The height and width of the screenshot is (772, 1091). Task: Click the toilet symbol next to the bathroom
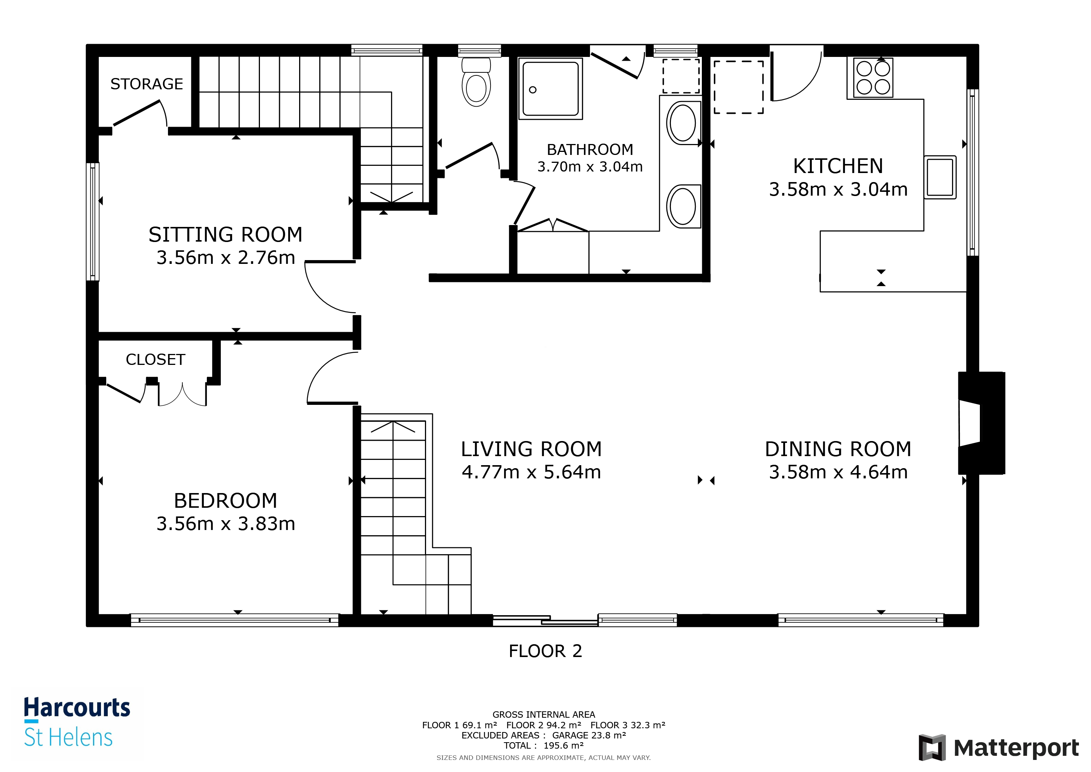[476, 82]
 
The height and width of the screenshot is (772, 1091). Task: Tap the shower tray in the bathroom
[550, 89]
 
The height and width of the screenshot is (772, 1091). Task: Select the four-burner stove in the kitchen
[873, 78]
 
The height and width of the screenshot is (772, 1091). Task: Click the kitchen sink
[940, 177]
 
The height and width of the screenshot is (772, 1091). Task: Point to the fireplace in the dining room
[980, 423]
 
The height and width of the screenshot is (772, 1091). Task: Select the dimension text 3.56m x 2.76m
[226, 258]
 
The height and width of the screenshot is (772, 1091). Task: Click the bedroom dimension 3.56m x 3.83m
[226, 524]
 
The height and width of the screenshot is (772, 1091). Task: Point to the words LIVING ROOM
[531, 449]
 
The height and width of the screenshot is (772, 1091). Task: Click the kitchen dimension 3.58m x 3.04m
[838, 189]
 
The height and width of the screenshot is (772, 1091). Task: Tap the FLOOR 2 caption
[545, 651]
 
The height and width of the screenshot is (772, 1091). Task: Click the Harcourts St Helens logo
[76, 723]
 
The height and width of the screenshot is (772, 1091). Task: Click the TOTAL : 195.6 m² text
[544, 745]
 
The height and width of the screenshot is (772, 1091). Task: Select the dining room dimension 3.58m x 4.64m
[838, 472]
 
